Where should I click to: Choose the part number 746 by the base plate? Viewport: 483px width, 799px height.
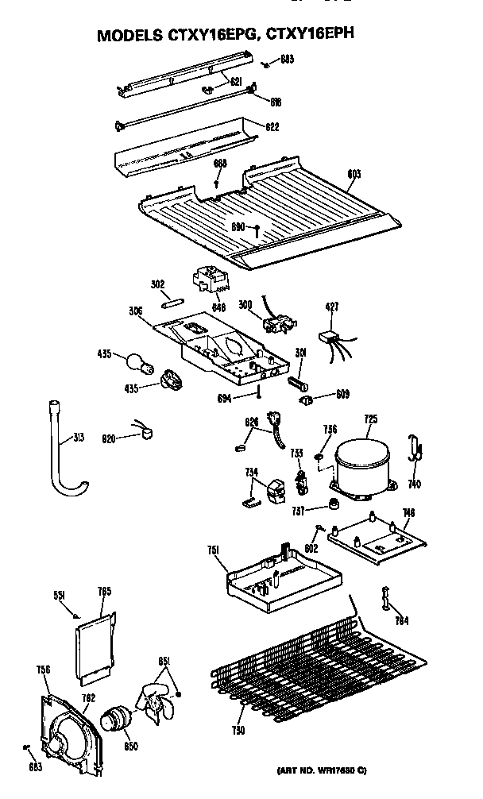408,514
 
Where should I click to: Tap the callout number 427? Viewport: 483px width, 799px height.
332,305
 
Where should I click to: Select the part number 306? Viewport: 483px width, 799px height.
134,311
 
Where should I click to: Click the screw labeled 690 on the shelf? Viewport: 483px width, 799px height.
259,231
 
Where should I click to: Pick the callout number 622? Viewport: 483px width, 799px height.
272,126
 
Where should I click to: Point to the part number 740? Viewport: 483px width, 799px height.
414,484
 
